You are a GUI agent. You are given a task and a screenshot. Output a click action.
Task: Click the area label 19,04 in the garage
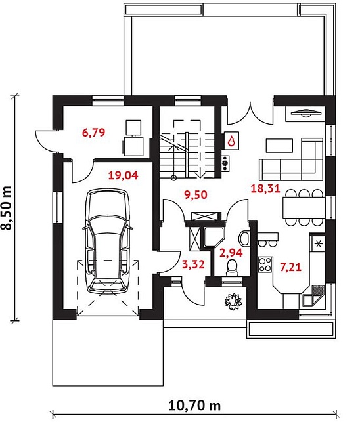(123, 175)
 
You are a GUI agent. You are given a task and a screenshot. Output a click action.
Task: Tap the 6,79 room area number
(93, 133)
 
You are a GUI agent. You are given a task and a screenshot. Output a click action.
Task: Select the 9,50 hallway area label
(196, 194)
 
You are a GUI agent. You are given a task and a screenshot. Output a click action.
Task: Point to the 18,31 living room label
(265, 188)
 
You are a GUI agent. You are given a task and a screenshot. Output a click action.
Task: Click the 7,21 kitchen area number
(290, 267)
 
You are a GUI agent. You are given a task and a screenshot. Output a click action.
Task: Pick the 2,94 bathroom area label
(231, 253)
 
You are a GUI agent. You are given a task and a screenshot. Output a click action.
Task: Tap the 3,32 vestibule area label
(193, 264)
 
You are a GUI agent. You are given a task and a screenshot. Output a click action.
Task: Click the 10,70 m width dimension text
(194, 405)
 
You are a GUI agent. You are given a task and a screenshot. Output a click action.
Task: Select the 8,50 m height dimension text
(7, 208)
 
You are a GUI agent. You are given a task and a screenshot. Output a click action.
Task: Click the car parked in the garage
(108, 241)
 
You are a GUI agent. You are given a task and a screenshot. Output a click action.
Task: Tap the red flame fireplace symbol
(231, 140)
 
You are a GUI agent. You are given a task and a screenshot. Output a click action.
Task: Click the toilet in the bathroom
(232, 268)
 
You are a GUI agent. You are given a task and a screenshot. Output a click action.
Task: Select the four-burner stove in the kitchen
(265, 264)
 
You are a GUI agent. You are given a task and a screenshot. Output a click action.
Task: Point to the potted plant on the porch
(233, 301)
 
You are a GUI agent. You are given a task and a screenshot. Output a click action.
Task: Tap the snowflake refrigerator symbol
(319, 244)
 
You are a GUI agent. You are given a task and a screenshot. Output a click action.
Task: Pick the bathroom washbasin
(244, 238)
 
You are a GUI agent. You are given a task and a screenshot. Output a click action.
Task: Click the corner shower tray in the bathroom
(214, 237)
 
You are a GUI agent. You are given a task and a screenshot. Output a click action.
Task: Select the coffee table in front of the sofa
(279, 145)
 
